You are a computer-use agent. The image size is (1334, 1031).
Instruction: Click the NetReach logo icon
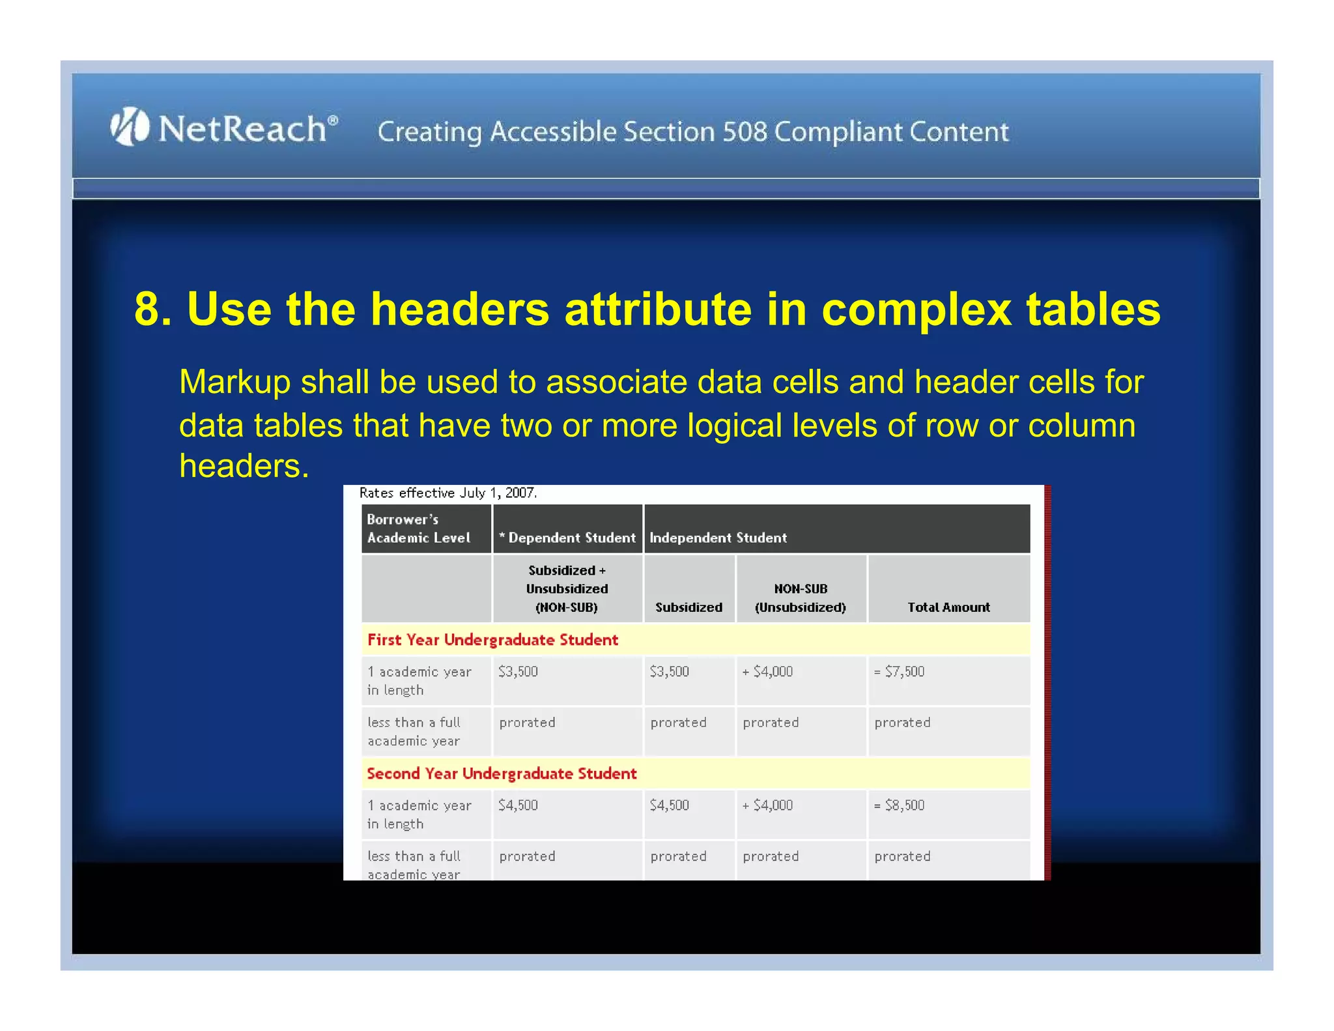(130, 126)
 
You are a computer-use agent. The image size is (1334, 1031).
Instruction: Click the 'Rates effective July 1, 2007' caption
(448, 493)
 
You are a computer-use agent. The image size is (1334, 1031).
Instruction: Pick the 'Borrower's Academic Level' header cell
(419, 529)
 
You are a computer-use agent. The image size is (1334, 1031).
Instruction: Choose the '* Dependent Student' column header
(567, 538)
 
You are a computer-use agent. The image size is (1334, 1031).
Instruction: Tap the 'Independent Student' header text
(718, 538)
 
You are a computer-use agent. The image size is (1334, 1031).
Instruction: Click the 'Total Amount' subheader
(948, 607)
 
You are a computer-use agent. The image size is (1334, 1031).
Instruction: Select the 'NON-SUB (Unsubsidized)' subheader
(801, 598)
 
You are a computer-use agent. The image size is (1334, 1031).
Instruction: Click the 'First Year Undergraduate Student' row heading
(492, 640)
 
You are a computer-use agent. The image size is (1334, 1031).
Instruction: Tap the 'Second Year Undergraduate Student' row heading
(502, 774)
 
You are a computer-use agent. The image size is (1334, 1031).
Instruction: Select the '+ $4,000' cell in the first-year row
(768, 672)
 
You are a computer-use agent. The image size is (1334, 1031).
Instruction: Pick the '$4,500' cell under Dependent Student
(518, 806)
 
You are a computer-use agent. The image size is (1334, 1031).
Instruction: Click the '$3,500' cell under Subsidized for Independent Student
(669, 672)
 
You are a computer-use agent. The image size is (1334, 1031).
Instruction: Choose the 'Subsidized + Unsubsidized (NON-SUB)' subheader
(567, 588)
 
